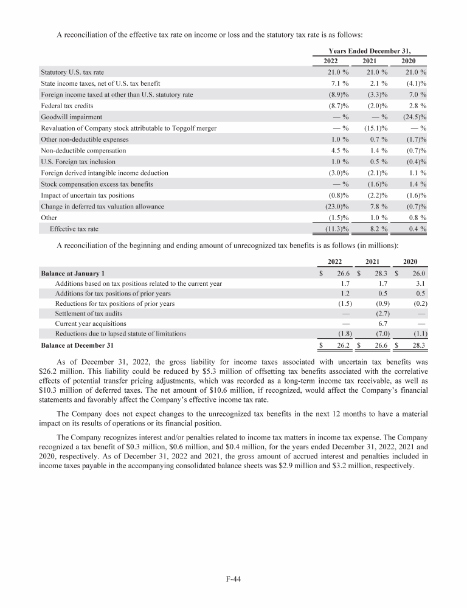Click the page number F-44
tap(233, 579)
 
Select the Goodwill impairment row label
tap(71, 117)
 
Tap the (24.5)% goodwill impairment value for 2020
tap(415, 117)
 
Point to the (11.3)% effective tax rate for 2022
tap(337, 229)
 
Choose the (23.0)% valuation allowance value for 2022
tap(337, 207)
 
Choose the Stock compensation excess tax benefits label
tap(96, 184)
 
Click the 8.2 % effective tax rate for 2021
tap(378, 229)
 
